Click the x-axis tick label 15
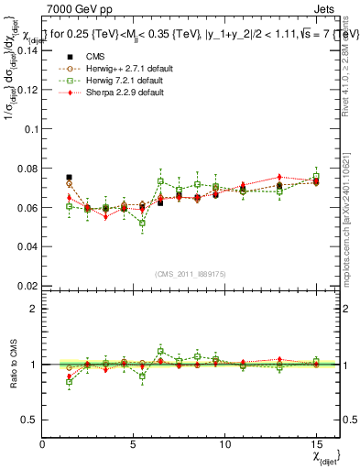pyautogui.click(x=316, y=444)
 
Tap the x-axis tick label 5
pyautogui.click(x=134, y=444)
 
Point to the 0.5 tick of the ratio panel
pyautogui.click(x=29, y=420)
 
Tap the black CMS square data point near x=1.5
pyautogui.click(x=70, y=177)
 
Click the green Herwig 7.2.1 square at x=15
pyautogui.click(x=316, y=176)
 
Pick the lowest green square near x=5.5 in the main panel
pyautogui.click(x=142, y=223)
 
